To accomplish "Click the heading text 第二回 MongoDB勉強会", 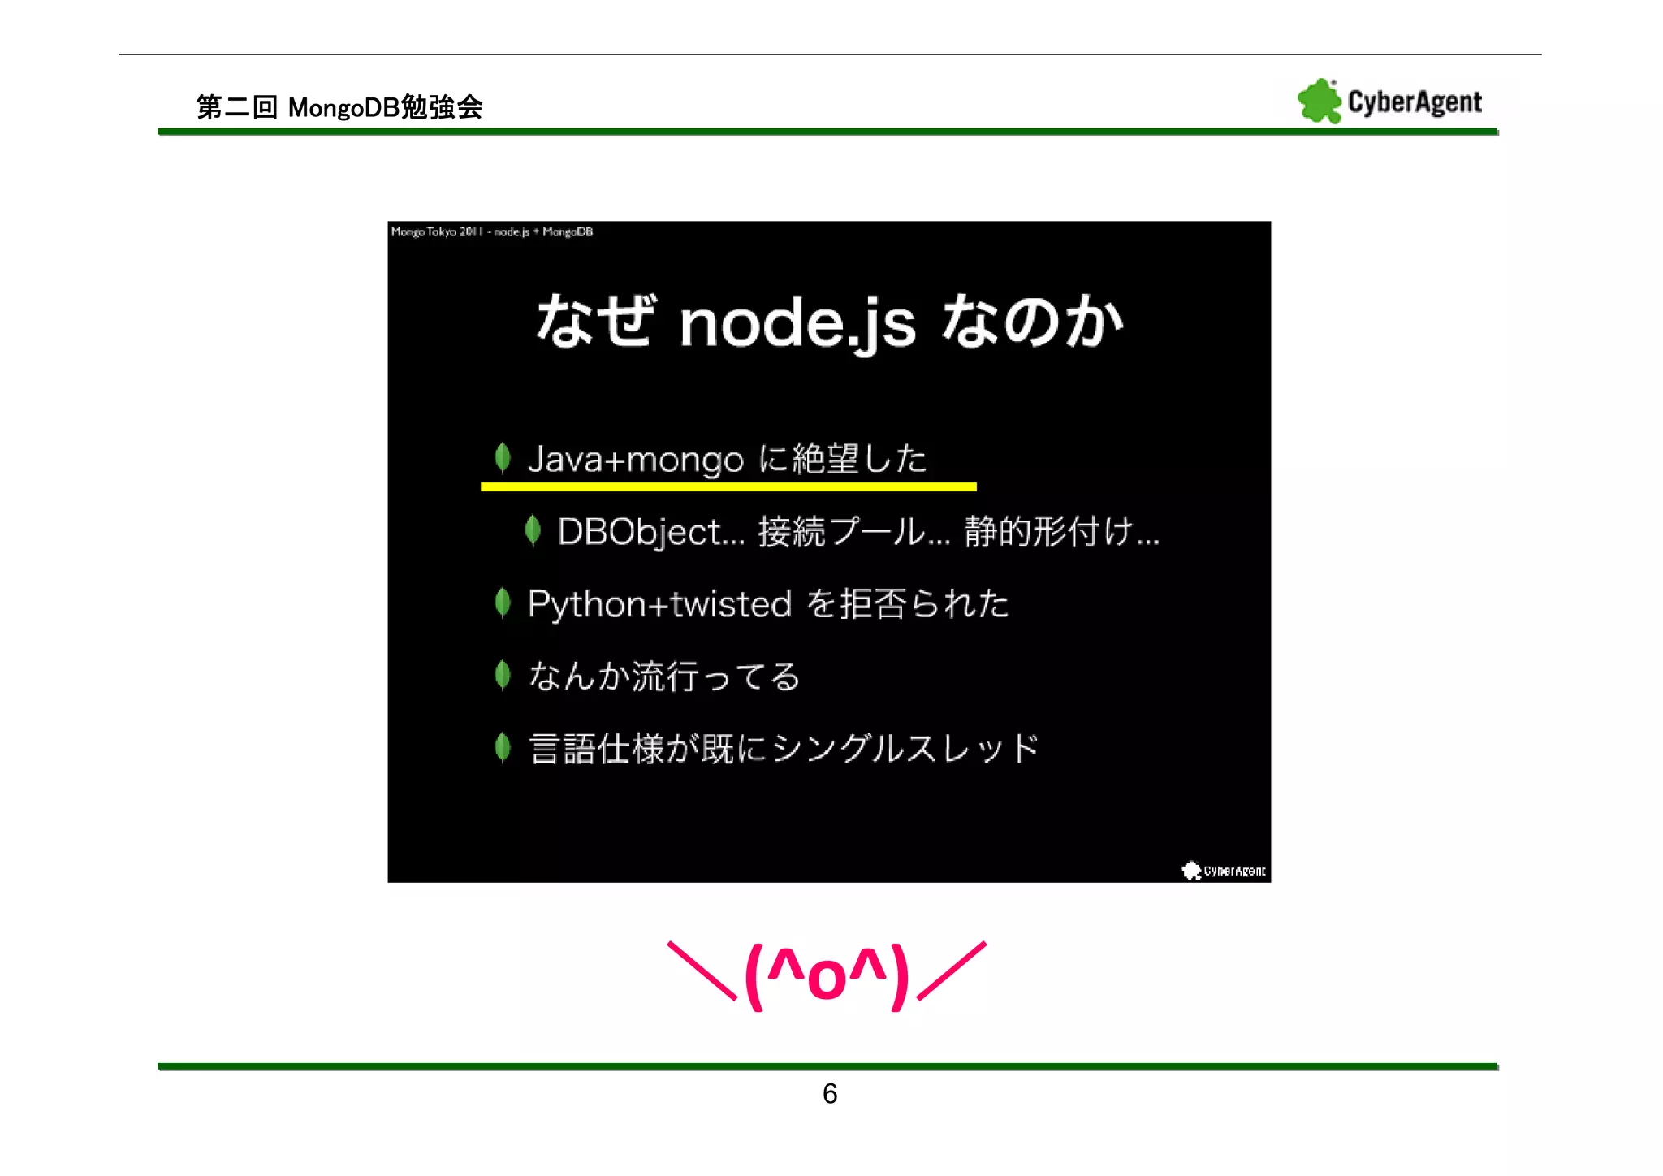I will [339, 107].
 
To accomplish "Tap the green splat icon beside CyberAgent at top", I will [1319, 102].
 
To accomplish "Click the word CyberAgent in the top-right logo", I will [1414, 102].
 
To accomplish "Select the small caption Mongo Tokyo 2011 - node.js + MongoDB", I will [491, 232].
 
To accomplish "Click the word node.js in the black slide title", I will [797, 323].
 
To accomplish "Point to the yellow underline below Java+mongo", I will [728, 486].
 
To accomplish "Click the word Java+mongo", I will [635, 460].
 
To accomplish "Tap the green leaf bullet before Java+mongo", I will [503, 458].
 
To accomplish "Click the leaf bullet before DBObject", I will [533, 530].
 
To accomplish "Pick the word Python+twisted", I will [659, 604].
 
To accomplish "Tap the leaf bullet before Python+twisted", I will [503, 603].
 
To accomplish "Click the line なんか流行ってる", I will [664, 677].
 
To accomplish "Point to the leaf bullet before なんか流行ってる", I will [503, 675].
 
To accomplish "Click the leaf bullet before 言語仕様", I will [503, 747].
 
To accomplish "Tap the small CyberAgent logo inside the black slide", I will [1223, 871].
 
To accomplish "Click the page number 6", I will [829, 1094].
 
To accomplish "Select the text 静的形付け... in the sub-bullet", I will [1060, 533].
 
